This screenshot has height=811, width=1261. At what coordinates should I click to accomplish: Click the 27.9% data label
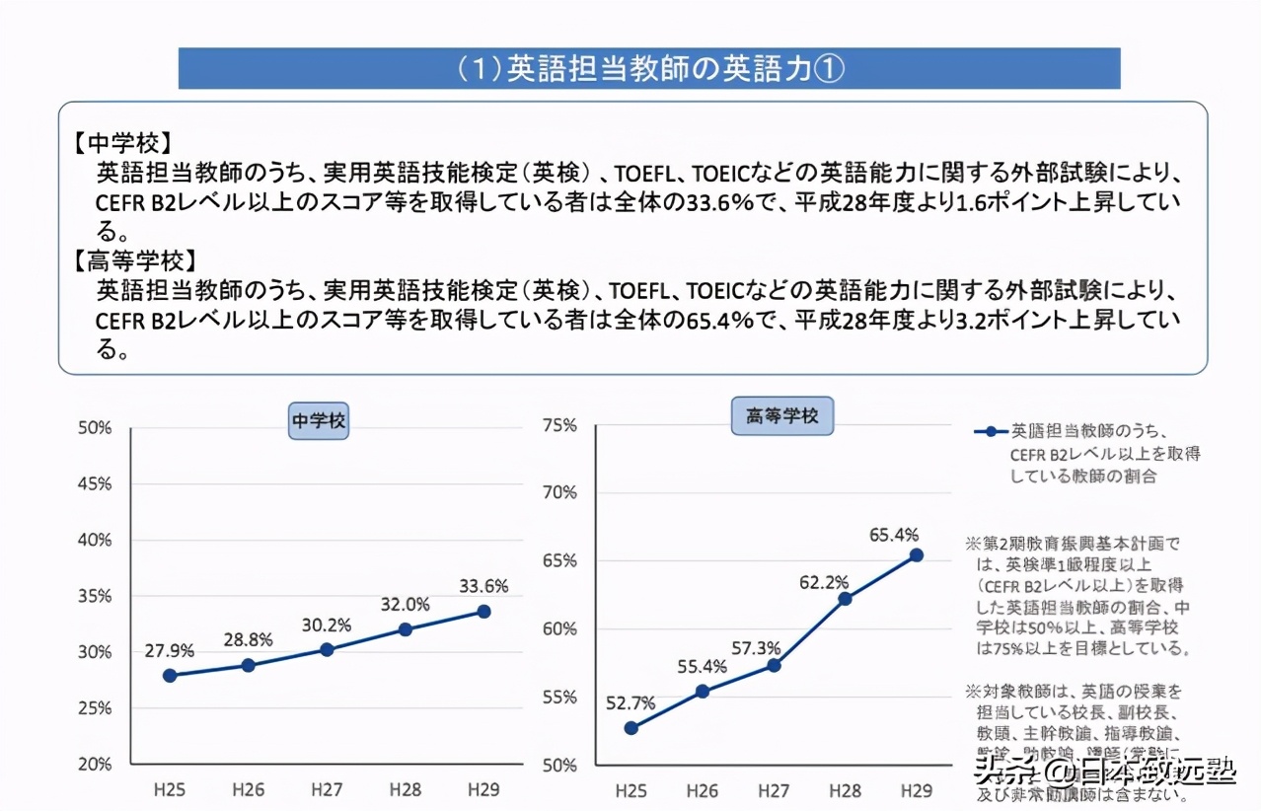(x=170, y=651)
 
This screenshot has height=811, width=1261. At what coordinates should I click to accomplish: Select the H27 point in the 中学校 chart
(x=327, y=649)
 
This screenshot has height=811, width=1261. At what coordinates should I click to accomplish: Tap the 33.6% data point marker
(x=483, y=612)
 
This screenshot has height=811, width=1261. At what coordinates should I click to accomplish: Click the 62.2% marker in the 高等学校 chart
(x=845, y=599)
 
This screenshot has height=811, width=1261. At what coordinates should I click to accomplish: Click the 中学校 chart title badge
(x=319, y=420)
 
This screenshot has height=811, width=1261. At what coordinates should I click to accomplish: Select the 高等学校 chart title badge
(x=782, y=416)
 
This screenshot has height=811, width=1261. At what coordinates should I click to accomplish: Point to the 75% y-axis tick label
(x=559, y=425)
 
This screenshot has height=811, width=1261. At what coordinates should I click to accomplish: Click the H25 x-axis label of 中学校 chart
(x=170, y=789)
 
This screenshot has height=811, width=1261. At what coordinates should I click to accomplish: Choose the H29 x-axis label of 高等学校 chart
(x=917, y=791)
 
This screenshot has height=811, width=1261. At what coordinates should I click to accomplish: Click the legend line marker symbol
(x=991, y=432)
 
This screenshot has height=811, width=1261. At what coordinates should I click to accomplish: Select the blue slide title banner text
(x=649, y=69)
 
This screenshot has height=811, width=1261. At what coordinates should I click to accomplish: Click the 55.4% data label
(x=703, y=667)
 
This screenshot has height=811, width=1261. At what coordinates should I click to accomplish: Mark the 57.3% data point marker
(x=774, y=665)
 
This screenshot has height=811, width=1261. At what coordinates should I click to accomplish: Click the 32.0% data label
(x=405, y=605)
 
